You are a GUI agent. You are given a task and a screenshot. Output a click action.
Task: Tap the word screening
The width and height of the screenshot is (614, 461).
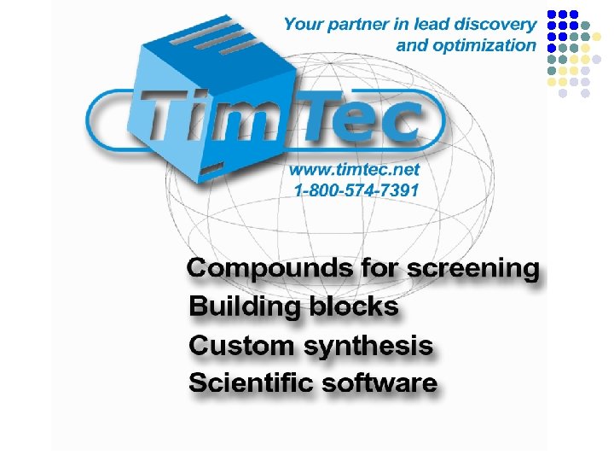point(473,269)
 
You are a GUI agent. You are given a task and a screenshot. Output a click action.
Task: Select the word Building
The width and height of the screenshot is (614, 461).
point(245,306)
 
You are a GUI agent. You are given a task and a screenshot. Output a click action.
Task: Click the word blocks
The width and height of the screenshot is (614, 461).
point(354,306)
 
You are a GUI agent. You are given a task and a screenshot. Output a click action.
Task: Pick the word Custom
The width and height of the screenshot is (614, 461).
point(241,346)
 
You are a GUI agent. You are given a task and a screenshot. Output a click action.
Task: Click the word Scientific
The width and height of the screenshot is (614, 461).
point(251,382)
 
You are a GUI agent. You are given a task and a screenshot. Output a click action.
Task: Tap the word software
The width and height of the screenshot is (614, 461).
point(379,382)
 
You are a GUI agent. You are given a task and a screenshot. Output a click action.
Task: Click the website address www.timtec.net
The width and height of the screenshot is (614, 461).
point(354,170)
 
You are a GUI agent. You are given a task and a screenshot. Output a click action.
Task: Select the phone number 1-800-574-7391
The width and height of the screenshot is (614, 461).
point(356,190)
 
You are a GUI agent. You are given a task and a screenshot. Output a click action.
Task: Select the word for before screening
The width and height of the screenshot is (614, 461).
point(379,268)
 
